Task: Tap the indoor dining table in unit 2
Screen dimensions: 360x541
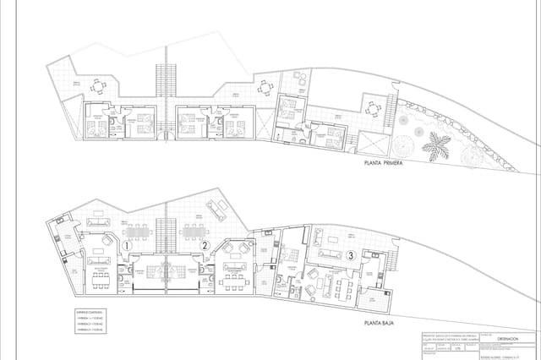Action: (x=228, y=277)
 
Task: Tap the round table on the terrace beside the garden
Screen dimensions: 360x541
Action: (x=373, y=107)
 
